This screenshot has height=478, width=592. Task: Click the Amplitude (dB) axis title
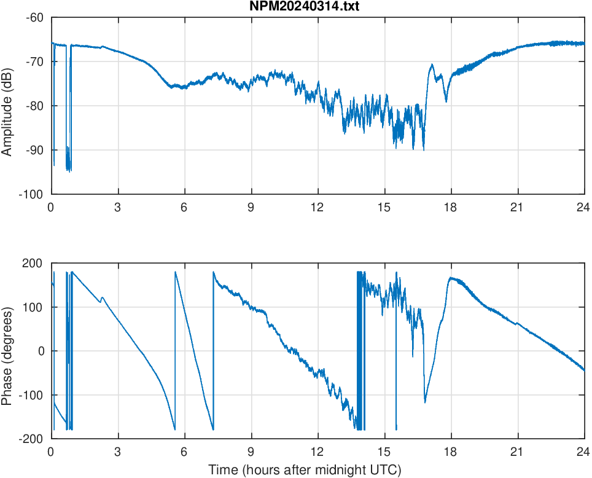(x=7, y=106)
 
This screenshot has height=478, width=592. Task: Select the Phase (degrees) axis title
(x=7, y=351)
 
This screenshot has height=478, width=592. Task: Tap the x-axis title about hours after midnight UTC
(x=305, y=470)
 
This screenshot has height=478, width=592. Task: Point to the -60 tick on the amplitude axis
(x=34, y=17)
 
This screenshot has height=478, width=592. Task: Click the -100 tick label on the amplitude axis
(x=32, y=194)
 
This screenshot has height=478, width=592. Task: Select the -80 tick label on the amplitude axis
(x=34, y=106)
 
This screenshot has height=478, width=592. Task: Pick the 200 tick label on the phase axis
(x=33, y=263)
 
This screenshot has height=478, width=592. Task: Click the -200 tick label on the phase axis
(x=31, y=439)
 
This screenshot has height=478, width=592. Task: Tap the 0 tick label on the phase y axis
(x=42, y=351)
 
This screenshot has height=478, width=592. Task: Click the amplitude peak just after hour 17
(x=432, y=65)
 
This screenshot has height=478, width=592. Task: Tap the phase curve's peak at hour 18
(x=451, y=278)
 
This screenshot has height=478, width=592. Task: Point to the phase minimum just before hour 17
(x=425, y=402)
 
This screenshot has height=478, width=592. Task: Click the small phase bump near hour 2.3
(x=102, y=298)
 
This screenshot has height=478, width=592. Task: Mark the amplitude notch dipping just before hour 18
(x=446, y=101)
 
